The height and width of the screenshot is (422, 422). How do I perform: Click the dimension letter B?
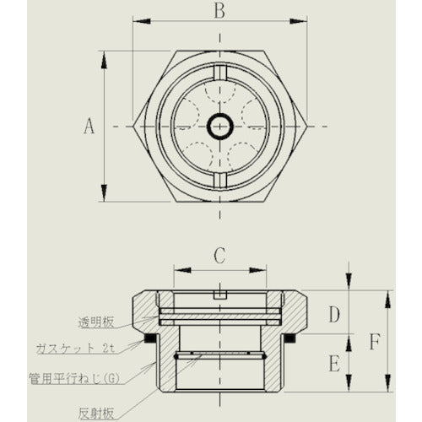pos(219,11)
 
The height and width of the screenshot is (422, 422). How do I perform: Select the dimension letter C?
pos(219,253)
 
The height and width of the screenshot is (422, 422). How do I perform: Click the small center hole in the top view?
pos(219,127)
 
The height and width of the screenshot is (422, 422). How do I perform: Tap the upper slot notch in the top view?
pos(219,72)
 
